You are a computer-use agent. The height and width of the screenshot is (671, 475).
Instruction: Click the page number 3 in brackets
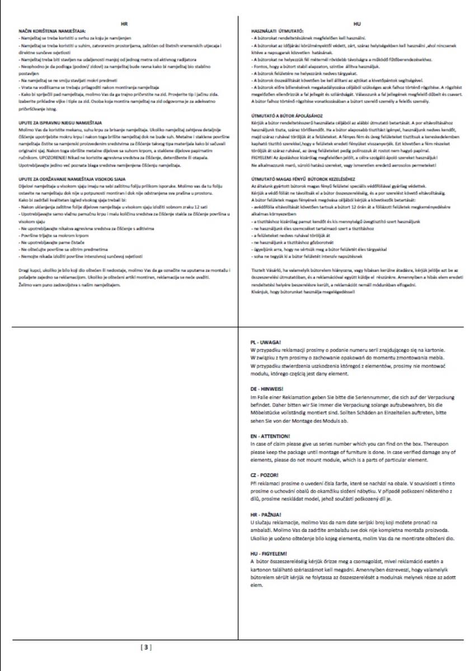point(145,648)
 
